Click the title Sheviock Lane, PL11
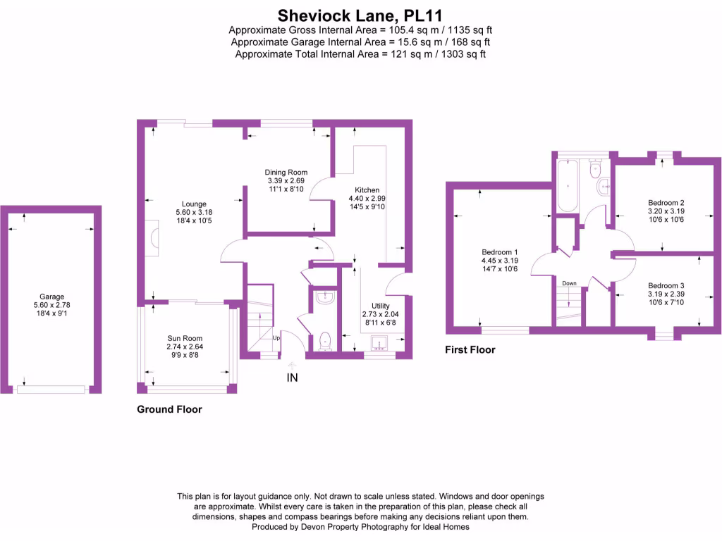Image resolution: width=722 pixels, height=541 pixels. (x=360, y=14)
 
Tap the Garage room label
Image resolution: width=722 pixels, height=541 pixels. (x=52, y=297)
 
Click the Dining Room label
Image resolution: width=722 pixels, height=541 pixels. (x=286, y=173)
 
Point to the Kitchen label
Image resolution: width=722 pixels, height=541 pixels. (x=367, y=190)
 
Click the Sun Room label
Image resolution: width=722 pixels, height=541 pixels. (x=184, y=338)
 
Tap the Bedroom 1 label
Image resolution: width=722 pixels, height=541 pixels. (x=500, y=252)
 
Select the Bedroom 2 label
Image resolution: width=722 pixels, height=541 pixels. (x=666, y=203)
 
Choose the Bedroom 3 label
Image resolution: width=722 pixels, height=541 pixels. (x=666, y=286)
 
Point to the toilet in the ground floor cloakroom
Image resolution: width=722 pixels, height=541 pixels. (x=325, y=341)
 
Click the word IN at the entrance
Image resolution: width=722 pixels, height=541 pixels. (x=292, y=378)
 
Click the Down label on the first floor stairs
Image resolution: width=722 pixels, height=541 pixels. (x=570, y=283)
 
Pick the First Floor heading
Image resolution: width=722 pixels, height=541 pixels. (x=470, y=349)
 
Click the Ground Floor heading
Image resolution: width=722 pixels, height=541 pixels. (x=169, y=409)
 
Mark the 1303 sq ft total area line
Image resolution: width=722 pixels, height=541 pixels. (x=360, y=54)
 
